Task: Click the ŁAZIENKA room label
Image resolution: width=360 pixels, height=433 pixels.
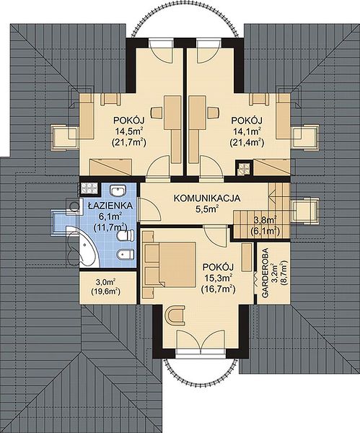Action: click(110, 206)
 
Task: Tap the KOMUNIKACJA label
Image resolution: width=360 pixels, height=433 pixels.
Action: click(207, 198)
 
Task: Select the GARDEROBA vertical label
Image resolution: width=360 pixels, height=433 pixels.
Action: click(265, 273)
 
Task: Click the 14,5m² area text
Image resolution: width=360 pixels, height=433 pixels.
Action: click(129, 131)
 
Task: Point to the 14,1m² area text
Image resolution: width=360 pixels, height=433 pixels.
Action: click(247, 131)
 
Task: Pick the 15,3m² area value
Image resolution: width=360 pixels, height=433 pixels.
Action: click(218, 278)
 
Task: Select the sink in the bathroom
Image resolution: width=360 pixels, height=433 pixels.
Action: click(118, 190)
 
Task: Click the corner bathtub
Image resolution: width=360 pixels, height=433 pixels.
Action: click(83, 247)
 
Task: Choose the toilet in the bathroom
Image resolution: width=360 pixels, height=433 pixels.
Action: click(126, 235)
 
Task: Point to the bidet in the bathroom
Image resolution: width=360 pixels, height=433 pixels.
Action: click(126, 255)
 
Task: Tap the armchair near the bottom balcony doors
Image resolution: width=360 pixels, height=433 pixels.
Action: click(175, 315)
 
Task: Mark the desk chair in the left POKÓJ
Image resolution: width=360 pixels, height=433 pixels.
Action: click(157, 113)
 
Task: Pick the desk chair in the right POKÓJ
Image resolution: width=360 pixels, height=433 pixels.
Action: click(214, 113)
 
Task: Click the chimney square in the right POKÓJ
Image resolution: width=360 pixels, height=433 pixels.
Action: click(244, 168)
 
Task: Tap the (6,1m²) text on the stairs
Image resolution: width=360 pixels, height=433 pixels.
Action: click(264, 231)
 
